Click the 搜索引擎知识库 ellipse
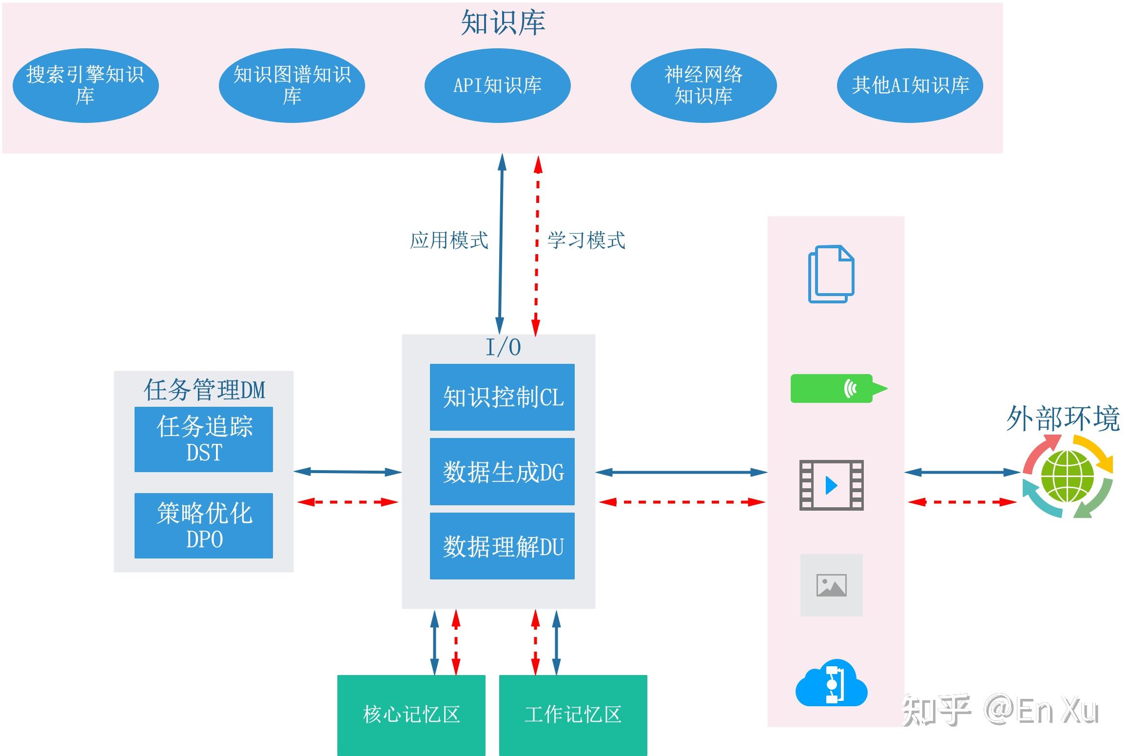pyautogui.click(x=85, y=85)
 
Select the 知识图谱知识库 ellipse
pyautogui.click(x=292, y=85)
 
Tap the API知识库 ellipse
pyautogui.click(x=497, y=85)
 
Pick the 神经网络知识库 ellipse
pyautogui.click(x=703, y=85)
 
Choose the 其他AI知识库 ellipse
pyautogui.click(x=910, y=85)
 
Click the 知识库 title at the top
pyautogui.click(x=503, y=22)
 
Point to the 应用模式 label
pyautogui.click(x=448, y=240)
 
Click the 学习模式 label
pyautogui.click(x=586, y=240)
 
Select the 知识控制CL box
pyautogui.click(x=502, y=397)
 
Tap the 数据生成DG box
pyautogui.click(x=502, y=472)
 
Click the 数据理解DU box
pyautogui.click(x=502, y=546)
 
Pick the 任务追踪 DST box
pyautogui.click(x=204, y=439)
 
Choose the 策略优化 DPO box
pyautogui.click(x=204, y=525)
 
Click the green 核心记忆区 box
pyautogui.click(x=411, y=715)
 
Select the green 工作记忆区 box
pyautogui.click(x=573, y=715)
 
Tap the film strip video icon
pyautogui.click(x=831, y=485)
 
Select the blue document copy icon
pyautogui.click(x=831, y=274)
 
